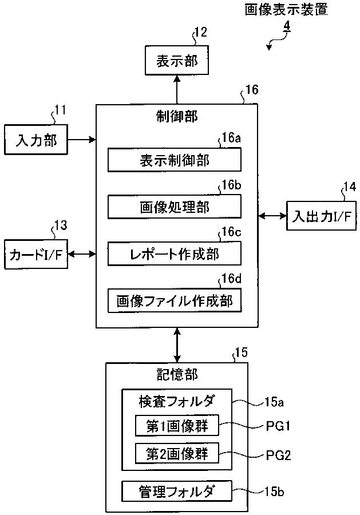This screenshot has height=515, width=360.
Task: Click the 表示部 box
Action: (177, 61)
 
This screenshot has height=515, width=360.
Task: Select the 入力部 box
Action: (36, 140)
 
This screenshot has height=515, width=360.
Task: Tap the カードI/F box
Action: (36, 254)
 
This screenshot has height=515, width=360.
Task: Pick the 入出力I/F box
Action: (321, 216)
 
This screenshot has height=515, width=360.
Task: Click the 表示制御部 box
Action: (175, 160)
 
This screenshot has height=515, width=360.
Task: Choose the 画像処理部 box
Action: (175, 207)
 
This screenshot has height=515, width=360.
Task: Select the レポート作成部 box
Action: (175, 253)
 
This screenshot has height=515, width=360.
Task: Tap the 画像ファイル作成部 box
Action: (175, 300)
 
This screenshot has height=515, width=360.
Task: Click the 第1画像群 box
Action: (177, 426)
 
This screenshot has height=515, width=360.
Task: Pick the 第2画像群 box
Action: (177, 454)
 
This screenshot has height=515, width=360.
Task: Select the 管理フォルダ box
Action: (177, 492)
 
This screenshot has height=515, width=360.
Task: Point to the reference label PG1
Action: (278, 427)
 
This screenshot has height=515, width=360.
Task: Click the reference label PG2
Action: (278, 455)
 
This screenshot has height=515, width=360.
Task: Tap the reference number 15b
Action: (274, 492)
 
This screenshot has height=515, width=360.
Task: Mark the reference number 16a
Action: (231, 137)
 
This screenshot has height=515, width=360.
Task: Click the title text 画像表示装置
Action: (286, 10)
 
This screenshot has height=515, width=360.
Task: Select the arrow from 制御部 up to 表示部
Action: (177, 90)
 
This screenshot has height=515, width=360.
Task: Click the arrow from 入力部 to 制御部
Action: (82, 140)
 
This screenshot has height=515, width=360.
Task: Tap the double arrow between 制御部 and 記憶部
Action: (177, 345)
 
